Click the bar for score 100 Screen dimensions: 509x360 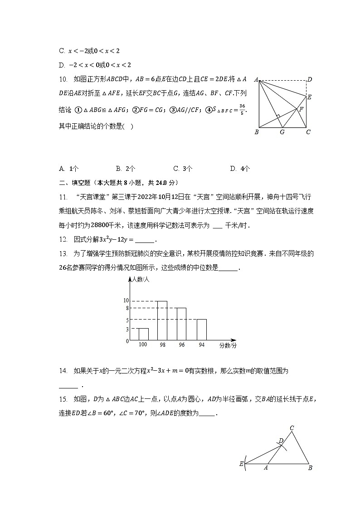point(143,334)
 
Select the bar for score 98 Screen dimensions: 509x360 point(162,320)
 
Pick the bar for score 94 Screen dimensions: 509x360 point(201,330)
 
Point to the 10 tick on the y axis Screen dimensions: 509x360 point(126,301)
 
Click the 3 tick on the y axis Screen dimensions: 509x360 point(128,329)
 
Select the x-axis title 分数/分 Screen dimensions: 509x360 point(228,345)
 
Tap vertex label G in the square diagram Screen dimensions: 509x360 point(282,132)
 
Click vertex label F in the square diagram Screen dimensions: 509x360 point(301,110)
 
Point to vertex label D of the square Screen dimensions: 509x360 point(310,80)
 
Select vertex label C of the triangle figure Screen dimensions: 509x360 point(292,428)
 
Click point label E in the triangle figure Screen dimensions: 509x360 point(241,464)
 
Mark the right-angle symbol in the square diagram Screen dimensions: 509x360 point(277,117)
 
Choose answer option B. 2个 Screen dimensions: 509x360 point(126,169)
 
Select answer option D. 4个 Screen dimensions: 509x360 point(240,169)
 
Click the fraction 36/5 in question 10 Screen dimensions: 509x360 point(242,110)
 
